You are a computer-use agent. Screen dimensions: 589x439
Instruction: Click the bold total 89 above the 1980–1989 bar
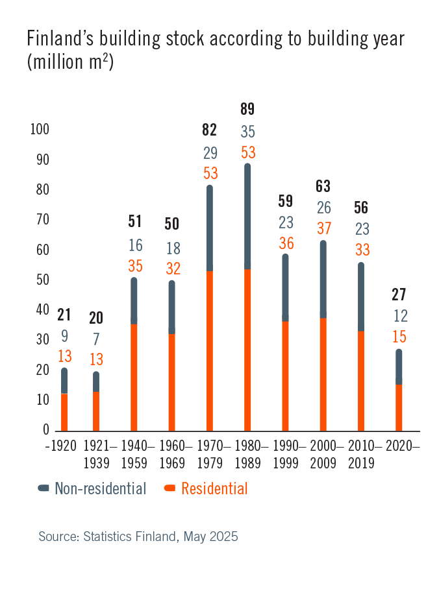tap(247, 109)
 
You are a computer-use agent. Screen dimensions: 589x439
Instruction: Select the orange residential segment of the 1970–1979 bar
tap(209, 350)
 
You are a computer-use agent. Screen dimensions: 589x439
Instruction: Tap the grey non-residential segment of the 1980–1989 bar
tap(247, 217)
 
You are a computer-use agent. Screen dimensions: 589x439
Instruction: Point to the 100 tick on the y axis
tap(40, 130)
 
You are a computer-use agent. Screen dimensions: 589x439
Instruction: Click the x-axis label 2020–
tap(403, 446)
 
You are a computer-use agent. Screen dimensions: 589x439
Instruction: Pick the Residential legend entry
tap(207, 488)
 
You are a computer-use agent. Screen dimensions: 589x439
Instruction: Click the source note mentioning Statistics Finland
tap(138, 536)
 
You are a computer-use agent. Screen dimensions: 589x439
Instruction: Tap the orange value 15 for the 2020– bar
tap(399, 337)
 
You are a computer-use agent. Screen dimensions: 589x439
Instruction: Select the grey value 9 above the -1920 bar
tap(64, 336)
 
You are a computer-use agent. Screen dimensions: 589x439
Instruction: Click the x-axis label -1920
tap(60, 446)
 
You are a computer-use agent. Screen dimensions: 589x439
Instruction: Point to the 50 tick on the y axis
tap(42, 280)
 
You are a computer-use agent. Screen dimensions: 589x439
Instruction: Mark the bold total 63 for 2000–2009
tap(323, 187)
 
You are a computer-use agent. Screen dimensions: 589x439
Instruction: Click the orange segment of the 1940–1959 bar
tap(134, 376)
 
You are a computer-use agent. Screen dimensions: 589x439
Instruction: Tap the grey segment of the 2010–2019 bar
tap(361, 297)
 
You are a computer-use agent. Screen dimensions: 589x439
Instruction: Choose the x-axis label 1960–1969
tap(172, 454)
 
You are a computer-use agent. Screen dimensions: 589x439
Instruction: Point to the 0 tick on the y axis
tap(46, 430)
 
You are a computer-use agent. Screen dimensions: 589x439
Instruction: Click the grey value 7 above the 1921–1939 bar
tap(96, 339)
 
